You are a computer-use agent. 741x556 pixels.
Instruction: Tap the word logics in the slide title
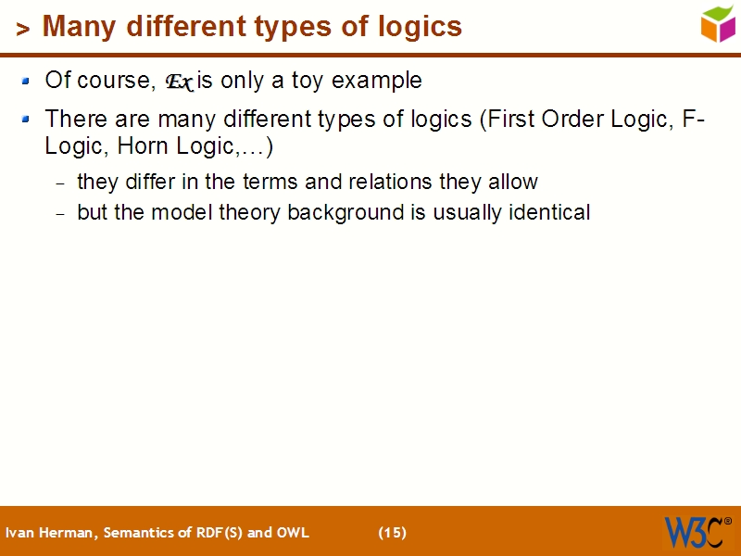(418, 27)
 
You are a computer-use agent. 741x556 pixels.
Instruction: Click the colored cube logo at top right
(718, 23)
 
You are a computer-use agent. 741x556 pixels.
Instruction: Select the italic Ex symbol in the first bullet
(179, 82)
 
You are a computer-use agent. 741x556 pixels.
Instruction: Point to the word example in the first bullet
(377, 81)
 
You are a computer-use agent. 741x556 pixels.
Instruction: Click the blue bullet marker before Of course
(26, 81)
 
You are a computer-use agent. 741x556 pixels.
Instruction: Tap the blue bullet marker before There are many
(26, 119)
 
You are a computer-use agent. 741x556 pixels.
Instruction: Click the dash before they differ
(61, 183)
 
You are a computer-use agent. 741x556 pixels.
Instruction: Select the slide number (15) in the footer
(392, 532)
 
